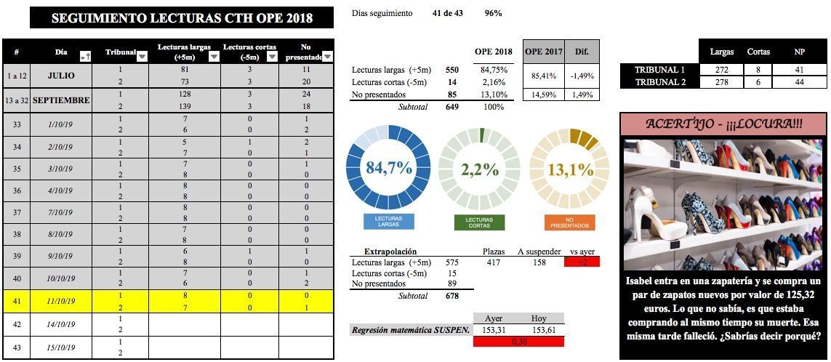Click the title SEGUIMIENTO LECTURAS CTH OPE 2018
[x=182, y=18]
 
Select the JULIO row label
[x=61, y=76]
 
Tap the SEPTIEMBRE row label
[x=61, y=100]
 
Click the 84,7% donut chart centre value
[x=389, y=169]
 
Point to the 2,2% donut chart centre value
[x=480, y=169]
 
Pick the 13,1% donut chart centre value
[x=571, y=169]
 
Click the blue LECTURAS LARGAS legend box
[x=389, y=222]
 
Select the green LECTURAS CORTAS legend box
[x=479, y=222]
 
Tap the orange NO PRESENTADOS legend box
[x=569, y=222]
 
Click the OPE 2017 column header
[x=544, y=52]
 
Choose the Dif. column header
[x=582, y=52]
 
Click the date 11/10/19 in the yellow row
[x=61, y=301]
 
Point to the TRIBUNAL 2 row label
[x=660, y=82]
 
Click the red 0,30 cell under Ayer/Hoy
[x=518, y=341]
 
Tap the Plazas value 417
[x=493, y=262]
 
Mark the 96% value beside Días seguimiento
[x=493, y=13]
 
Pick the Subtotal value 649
[x=452, y=106]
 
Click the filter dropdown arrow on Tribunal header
[x=142, y=55]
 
